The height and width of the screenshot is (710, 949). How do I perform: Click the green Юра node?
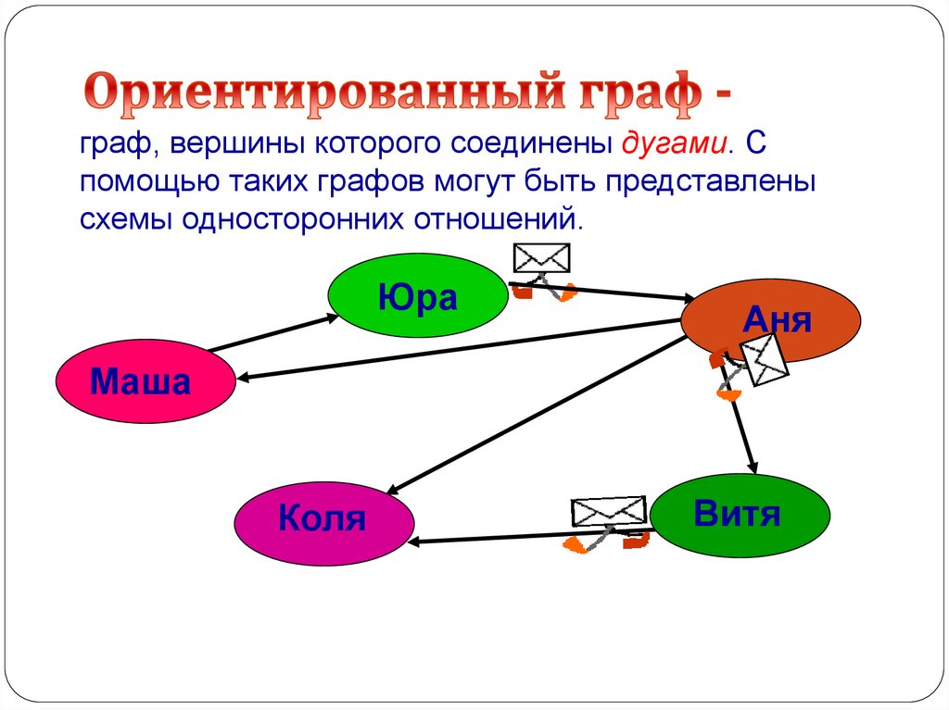click(417, 297)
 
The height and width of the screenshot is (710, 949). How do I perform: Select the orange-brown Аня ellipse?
click(771, 320)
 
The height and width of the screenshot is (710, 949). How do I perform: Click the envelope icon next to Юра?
click(541, 258)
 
